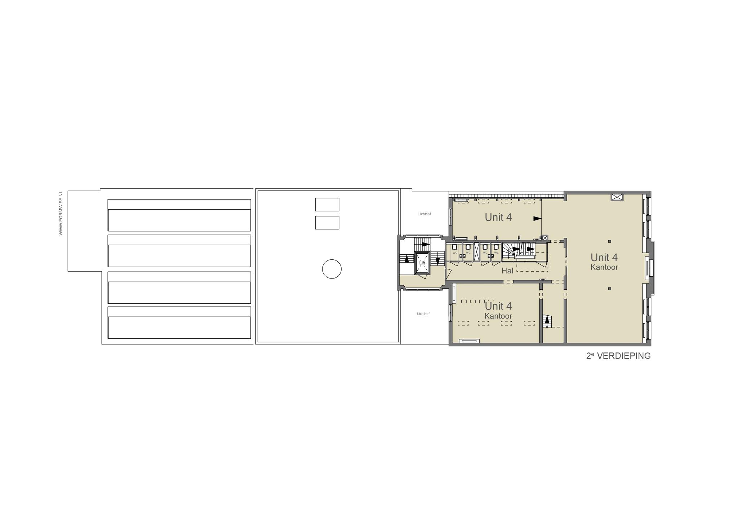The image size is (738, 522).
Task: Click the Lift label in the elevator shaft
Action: point(422,263)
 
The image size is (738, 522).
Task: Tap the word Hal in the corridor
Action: point(507,271)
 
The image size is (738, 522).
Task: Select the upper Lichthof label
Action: point(424,214)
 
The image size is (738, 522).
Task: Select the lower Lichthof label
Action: point(423,314)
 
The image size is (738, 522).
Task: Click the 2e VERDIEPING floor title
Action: point(618,356)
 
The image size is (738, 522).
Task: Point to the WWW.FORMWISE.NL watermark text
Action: point(61,213)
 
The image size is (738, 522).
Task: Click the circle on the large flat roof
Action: point(332,269)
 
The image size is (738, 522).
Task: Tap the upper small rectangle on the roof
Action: point(327,205)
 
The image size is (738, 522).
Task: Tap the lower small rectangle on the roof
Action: point(327,223)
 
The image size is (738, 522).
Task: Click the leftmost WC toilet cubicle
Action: point(455,251)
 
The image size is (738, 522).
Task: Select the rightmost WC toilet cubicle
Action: point(496,251)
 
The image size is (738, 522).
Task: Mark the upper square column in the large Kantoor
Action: point(609,241)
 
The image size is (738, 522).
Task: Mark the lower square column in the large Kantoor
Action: point(609,288)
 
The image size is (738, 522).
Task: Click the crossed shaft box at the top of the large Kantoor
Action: point(617,197)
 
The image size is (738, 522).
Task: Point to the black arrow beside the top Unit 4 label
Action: point(538,219)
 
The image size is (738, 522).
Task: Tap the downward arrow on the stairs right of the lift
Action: point(437,261)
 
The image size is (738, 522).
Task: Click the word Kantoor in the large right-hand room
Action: point(604,267)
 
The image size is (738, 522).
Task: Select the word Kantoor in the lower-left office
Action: point(498,316)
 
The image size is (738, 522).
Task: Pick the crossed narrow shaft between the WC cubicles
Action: point(477,251)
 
